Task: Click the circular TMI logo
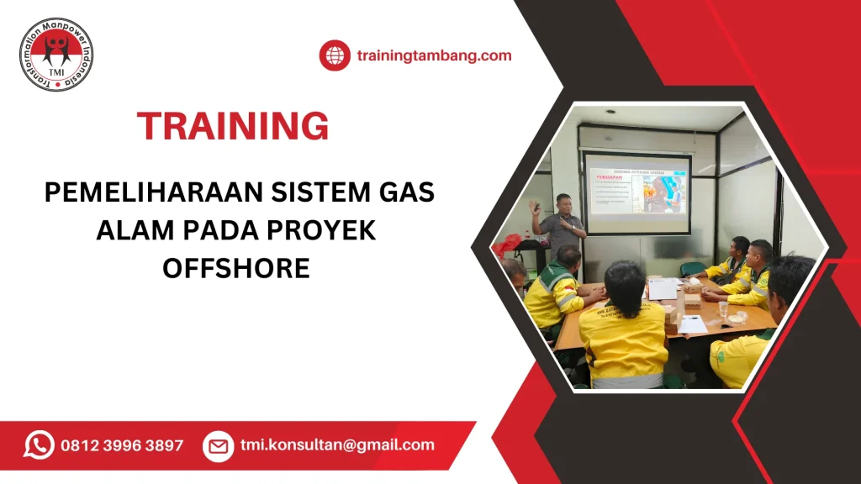[x=55, y=54]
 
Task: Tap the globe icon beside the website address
[x=335, y=55]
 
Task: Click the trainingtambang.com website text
[x=434, y=55]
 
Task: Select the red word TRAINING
[x=233, y=126]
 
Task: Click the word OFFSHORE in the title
[x=236, y=268]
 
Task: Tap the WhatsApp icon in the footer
[x=39, y=445]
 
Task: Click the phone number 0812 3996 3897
[x=122, y=445]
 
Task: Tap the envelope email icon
[x=218, y=445]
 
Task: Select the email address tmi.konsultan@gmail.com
[x=337, y=445]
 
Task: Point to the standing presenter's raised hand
[x=533, y=206]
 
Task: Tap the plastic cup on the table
[x=722, y=309]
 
